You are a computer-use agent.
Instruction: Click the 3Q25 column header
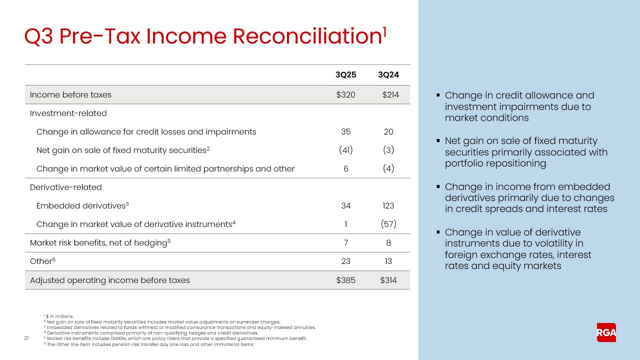point(345,75)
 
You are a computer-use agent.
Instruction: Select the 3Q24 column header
point(388,75)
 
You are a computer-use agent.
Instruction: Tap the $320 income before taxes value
point(345,94)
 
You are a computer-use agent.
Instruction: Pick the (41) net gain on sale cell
point(345,150)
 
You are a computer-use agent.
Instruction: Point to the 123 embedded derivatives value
point(388,205)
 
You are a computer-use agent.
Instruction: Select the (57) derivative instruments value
point(388,224)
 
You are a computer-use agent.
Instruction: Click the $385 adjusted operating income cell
point(345,280)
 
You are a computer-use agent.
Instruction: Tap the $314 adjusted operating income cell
point(388,280)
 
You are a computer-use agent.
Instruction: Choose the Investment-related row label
point(68,113)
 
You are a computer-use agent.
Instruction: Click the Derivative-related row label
point(65,187)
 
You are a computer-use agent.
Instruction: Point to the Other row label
point(41,261)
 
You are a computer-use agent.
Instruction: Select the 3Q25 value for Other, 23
point(345,261)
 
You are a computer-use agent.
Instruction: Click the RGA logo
point(606,332)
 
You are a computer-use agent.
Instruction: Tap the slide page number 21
point(26,339)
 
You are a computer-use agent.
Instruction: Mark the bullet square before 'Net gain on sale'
point(438,141)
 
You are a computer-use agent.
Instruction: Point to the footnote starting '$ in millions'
point(60,316)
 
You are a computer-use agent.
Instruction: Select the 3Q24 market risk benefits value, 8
point(388,242)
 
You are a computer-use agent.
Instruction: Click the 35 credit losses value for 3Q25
point(345,131)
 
